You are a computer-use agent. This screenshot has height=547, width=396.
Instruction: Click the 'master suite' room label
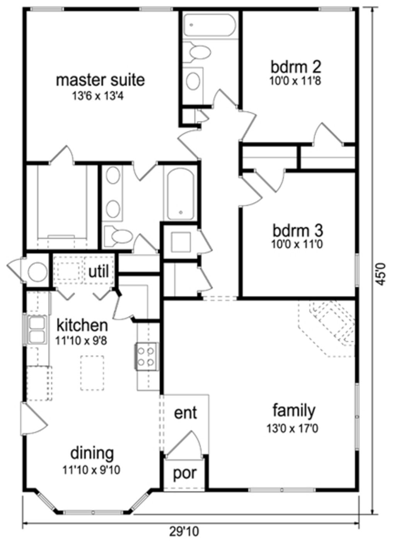[100, 80]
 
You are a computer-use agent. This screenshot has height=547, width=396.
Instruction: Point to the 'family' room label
[294, 410]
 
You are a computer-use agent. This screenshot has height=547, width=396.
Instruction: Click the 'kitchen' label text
[82, 325]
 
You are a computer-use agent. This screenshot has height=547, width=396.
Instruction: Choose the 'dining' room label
[92, 453]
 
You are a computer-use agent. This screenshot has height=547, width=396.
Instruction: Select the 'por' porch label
[184, 473]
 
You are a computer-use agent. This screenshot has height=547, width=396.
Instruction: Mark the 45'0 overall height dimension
[381, 274]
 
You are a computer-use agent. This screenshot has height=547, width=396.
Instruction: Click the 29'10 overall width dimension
[184, 532]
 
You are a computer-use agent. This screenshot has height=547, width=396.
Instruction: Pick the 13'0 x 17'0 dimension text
[292, 428]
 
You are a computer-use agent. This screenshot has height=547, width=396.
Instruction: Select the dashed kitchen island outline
[92, 373]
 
